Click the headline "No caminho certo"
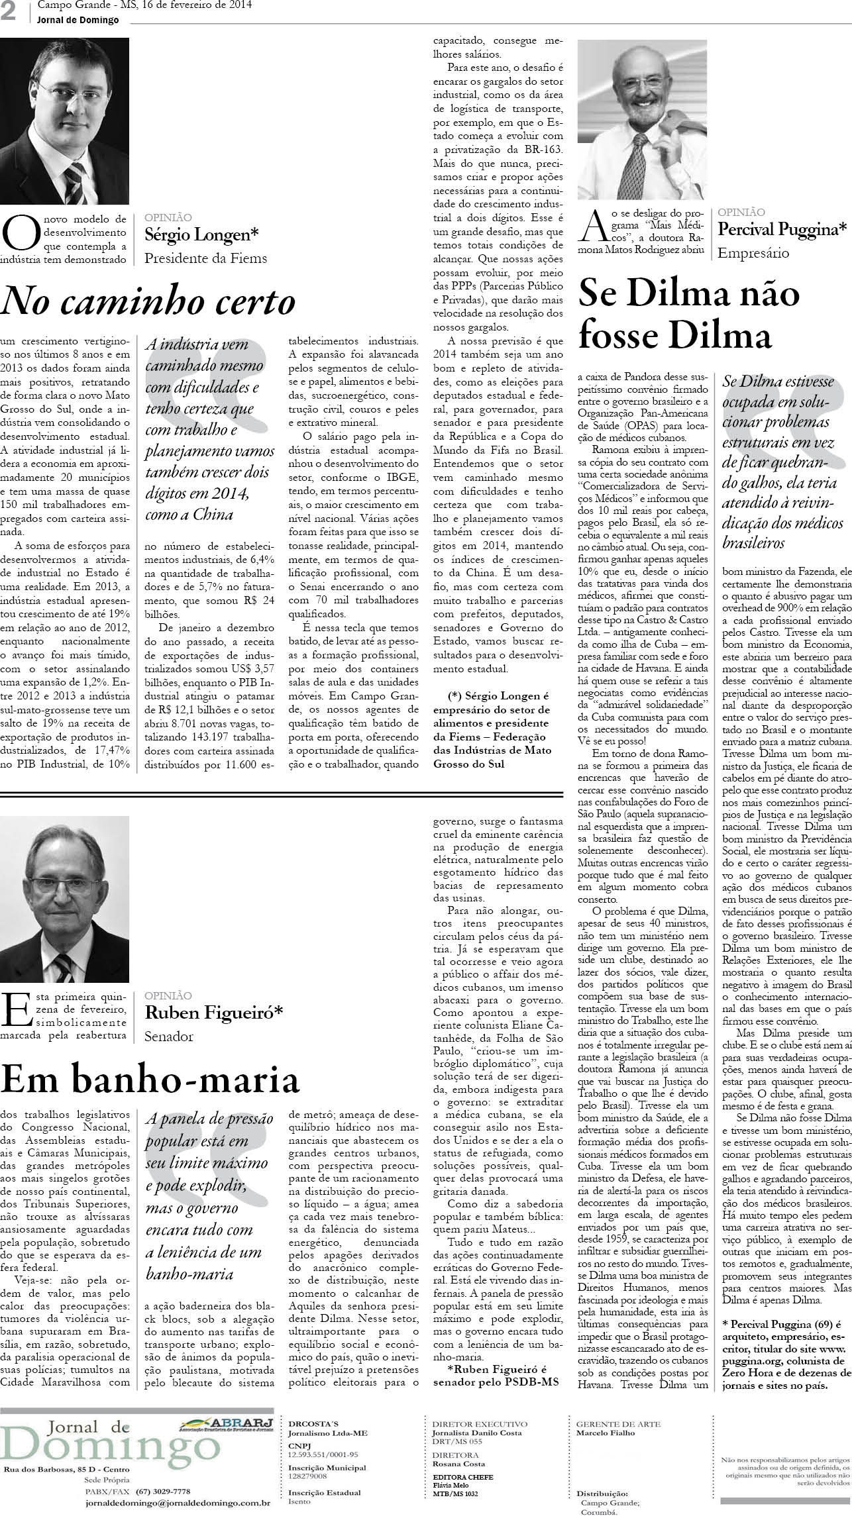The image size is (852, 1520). coord(148,302)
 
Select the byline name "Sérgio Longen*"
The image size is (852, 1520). coord(202,234)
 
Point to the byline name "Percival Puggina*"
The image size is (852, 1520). coord(782,229)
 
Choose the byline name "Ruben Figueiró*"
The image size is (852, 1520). coord(214,1012)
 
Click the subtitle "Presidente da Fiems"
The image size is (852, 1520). coord(206,258)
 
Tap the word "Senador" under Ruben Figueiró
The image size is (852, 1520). coord(169,1037)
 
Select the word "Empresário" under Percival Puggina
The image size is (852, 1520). coord(754,252)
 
